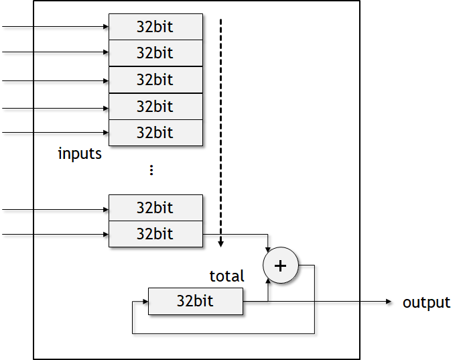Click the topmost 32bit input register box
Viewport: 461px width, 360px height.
pyautogui.click(x=155, y=27)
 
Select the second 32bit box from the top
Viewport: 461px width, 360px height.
pyautogui.click(x=155, y=53)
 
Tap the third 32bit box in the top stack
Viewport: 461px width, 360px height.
pyautogui.click(x=155, y=80)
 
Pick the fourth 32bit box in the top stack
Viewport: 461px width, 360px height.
pyautogui.click(x=155, y=107)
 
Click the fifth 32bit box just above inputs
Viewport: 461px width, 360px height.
pyautogui.click(x=155, y=133)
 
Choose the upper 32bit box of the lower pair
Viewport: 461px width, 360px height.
pyautogui.click(x=155, y=208)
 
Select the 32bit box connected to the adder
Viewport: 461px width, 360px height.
pyautogui.click(x=155, y=234)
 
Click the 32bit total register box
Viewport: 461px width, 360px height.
pyautogui.click(x=195, y=301)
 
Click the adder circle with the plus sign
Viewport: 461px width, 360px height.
pyautogui.click(x=281, y=265)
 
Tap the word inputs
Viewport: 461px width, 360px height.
pyautogui.click(x=80, y=154)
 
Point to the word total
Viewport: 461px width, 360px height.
pyautogui.click(x=227, y=276)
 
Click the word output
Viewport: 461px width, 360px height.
pyautogui.click(x=426, y=302)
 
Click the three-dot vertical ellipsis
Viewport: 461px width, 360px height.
pyautogui.click(x=151, y=170)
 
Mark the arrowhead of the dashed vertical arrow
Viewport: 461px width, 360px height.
pyautogui.click(x=221, y=243)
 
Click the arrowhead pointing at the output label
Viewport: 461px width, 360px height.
pyautogui.click(x=388, y=302)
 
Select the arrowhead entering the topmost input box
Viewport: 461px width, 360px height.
pyautogui.click(x=106, y=27)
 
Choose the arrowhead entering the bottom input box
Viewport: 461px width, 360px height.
pyautogui.click(x=106, y=235)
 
